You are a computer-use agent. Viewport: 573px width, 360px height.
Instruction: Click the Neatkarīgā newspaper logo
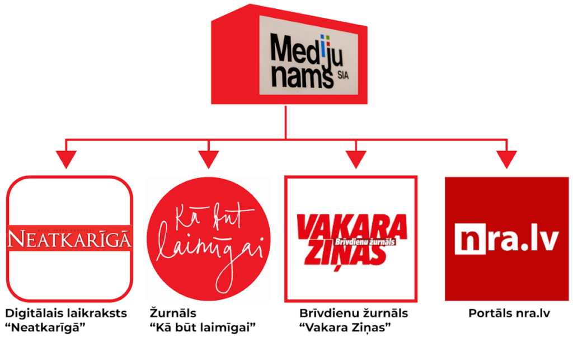pos(69,239)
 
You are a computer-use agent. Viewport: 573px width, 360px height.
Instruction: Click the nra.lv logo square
pos(506,239)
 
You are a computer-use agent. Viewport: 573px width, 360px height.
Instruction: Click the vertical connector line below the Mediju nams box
pos(286,120)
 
